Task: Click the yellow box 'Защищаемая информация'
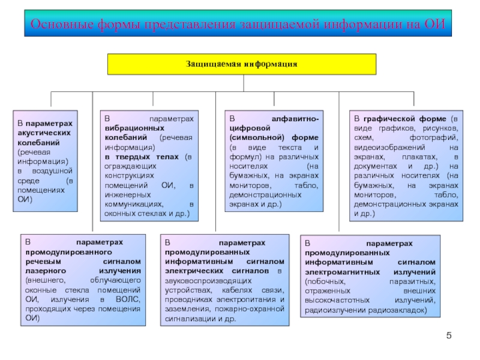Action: click(x=242, y=64)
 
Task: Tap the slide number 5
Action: click(x=449, y=335)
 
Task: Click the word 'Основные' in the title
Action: click(x=62, y=24)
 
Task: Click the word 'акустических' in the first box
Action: click(x=44, y=133)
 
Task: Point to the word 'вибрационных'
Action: click(x=134, y=128)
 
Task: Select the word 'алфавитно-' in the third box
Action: click(x=295, y=119)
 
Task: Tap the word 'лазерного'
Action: click(x=46, y=271)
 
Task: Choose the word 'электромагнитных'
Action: click(x=342, y=272)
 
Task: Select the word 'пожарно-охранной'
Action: click(x=250, y=309)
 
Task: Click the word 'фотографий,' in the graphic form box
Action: click(x=434, y=138)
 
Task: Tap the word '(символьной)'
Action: click(x=257, y=138)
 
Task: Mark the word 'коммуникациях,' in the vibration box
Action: click(x=134, y=204)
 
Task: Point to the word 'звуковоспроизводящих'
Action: click(x=208, y=281)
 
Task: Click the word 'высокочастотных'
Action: click(x=337, y=301)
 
